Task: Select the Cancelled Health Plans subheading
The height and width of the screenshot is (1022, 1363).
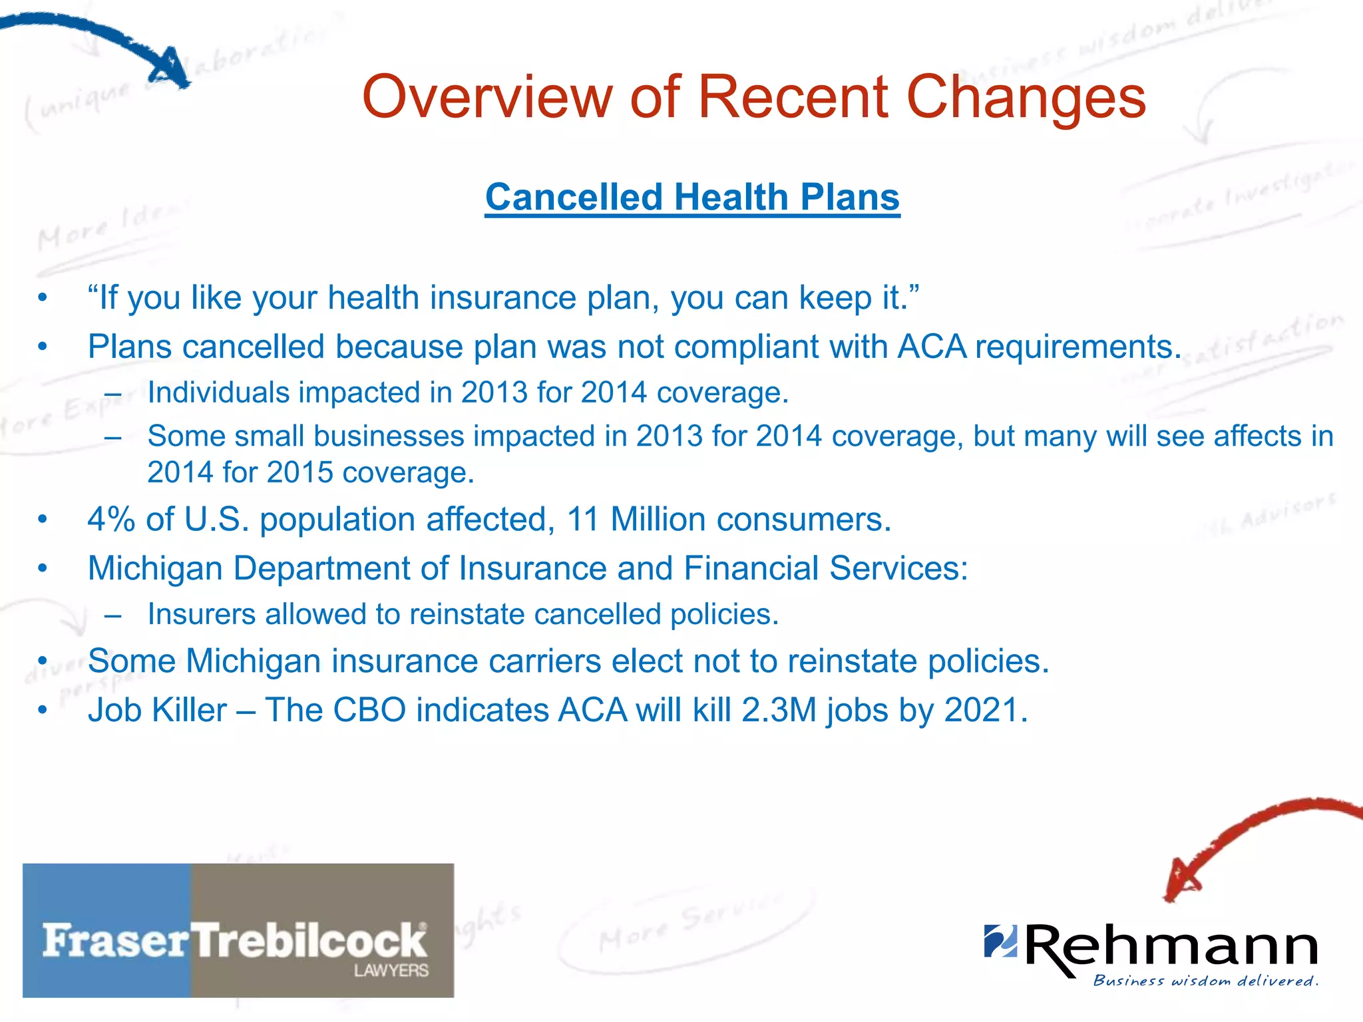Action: click(692, 197)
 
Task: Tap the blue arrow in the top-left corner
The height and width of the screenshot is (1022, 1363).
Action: click(100, 43)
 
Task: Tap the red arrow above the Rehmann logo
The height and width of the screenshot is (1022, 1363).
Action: click(1251, 838)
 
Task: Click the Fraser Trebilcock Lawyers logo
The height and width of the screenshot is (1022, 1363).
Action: click(238, 930)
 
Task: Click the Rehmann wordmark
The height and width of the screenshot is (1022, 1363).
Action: click(1171, 946)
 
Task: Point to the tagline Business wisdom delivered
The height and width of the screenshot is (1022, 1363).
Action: click(1205, 981)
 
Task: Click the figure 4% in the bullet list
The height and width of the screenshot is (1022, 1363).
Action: click(111, 519)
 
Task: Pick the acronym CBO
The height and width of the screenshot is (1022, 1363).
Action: click(369, 710)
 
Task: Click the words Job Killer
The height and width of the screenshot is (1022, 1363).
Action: click(157, 710)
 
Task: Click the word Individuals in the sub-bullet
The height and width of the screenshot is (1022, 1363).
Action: click(218, 393)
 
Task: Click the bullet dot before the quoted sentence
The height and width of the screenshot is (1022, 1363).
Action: click(43, 297)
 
